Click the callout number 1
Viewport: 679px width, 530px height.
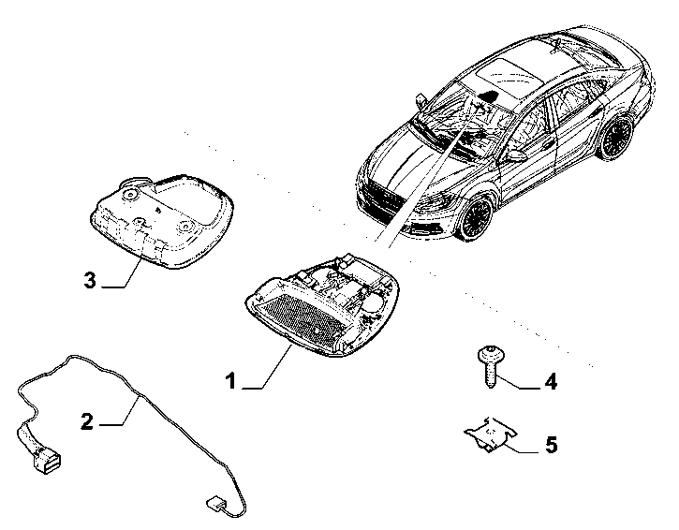231,381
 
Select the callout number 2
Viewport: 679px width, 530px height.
87,421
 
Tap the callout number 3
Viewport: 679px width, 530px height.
90,280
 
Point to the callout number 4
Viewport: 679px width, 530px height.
550,382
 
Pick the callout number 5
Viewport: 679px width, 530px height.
551,445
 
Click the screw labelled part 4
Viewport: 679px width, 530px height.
491,366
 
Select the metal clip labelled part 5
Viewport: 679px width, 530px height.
491,434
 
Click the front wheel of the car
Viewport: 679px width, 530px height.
475,216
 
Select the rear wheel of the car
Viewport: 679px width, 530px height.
616,138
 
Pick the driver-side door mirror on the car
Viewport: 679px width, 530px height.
514,155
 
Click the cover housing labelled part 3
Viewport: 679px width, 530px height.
162,221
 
